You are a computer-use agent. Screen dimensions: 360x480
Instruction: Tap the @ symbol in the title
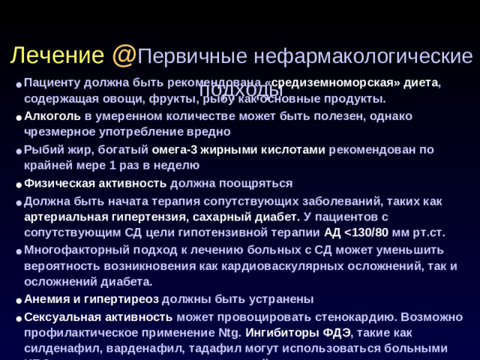tap(124, 55)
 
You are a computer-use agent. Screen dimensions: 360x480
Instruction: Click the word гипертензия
tap(141, 216)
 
